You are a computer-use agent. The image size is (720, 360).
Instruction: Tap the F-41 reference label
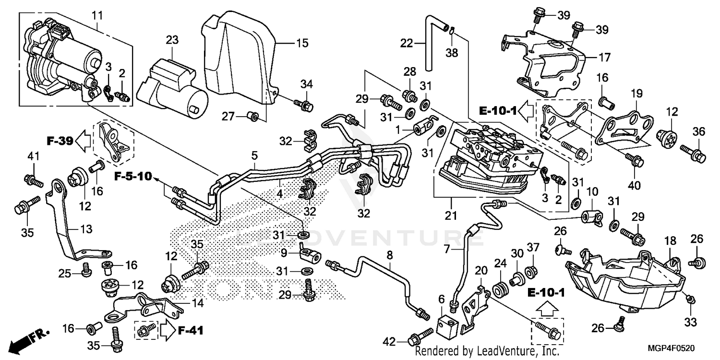[x=190, y=330]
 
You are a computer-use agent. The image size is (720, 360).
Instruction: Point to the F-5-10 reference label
[x=132, y=177]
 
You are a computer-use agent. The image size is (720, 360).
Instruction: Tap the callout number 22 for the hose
[x=407, y=43]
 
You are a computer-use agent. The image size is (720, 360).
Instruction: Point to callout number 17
[x=604, y=58]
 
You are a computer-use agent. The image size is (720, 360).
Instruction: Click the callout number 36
[x=698, y=132]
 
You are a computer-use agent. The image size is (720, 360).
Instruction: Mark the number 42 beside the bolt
[x=390, y=341]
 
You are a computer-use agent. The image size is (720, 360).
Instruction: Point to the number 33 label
[x=690, y=324]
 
